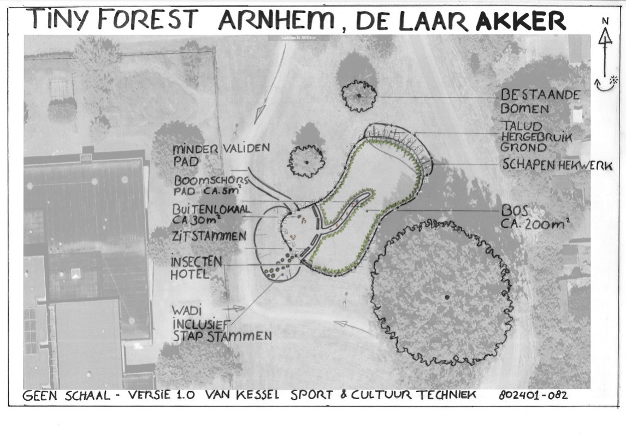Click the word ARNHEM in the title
(276, 20)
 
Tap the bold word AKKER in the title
(521, 21)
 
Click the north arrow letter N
(605, 21)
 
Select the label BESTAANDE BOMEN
(540, 102)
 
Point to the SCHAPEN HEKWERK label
(557, 164)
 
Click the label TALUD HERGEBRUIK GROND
(536, 137)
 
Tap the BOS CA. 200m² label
(535, 217)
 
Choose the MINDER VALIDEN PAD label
(221, 155)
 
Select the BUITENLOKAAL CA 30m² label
(211, 214)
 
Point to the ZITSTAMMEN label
(209, 236)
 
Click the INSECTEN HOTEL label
(196, 268)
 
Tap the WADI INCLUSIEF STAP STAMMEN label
(222, 324)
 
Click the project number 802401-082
(533, 395)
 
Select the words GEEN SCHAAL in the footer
(66, 395)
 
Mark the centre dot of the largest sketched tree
(447, 298)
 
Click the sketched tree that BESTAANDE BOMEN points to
(359, 96)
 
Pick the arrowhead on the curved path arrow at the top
(261, 110)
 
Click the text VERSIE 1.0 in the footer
(161, 395)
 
